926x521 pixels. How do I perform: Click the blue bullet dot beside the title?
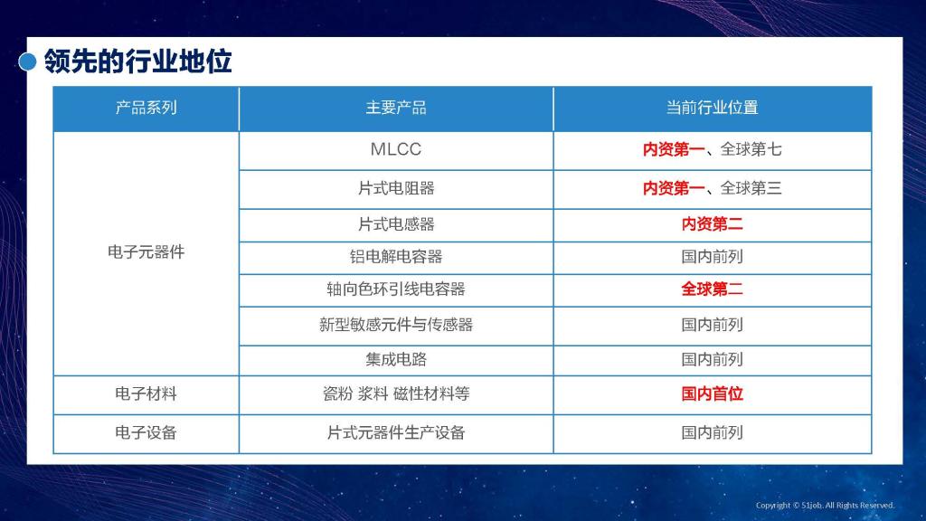point(27,62)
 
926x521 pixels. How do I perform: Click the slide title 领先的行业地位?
point(137,62)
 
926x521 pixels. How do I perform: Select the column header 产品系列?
point(146,108)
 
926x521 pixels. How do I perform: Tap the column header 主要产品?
point(396,108)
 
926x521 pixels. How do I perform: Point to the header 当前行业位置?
point(713,108)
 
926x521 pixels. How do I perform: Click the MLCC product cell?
point(396,149)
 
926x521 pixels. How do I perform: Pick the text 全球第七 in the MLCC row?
point(751,149)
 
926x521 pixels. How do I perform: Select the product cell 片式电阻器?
point(396,188)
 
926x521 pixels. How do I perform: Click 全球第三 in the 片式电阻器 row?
point(751,188)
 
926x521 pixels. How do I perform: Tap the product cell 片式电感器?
point(396,224)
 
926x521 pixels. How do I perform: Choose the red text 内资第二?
point(713,224)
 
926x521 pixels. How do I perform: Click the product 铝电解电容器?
point(396,257)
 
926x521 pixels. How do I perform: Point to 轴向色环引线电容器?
point(396,289)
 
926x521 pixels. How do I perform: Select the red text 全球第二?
point(713,289)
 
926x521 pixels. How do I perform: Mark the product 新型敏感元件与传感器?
point(396,325)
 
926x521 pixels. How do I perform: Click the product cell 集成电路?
point(396,360)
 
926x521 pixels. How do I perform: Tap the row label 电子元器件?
point(146,252)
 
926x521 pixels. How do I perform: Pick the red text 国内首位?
point(713,394)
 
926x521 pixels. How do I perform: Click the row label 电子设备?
point(146,433)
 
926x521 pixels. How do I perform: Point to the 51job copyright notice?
point(825,506)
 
